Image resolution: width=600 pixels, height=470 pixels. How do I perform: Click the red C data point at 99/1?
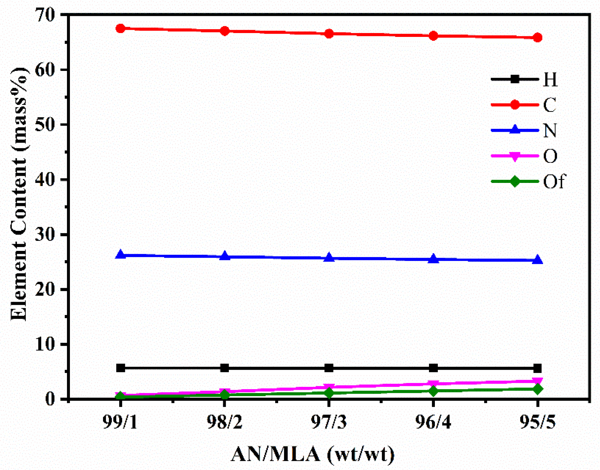[x=120, y=28]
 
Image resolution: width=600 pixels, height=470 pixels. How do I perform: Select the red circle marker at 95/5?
[x=537, y=38]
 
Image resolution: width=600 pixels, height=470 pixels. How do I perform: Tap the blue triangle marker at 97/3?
[x=329, y=258]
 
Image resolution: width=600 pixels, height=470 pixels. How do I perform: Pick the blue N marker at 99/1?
[x=120, y=255]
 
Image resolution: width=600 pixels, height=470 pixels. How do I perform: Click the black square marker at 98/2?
[x=224, y=368]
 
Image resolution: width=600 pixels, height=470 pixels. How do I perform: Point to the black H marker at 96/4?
[x=433, y=368]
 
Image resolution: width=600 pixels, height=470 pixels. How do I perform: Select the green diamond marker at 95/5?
[x=537, y=389]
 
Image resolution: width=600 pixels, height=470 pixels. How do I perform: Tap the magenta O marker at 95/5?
[x=537, y=381]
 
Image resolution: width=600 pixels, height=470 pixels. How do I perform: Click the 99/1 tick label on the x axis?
[x=120, y=422]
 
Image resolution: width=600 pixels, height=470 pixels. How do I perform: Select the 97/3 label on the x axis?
[x=329, y=422]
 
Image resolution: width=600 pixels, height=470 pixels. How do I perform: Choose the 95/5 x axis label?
[x=537, y=422]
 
